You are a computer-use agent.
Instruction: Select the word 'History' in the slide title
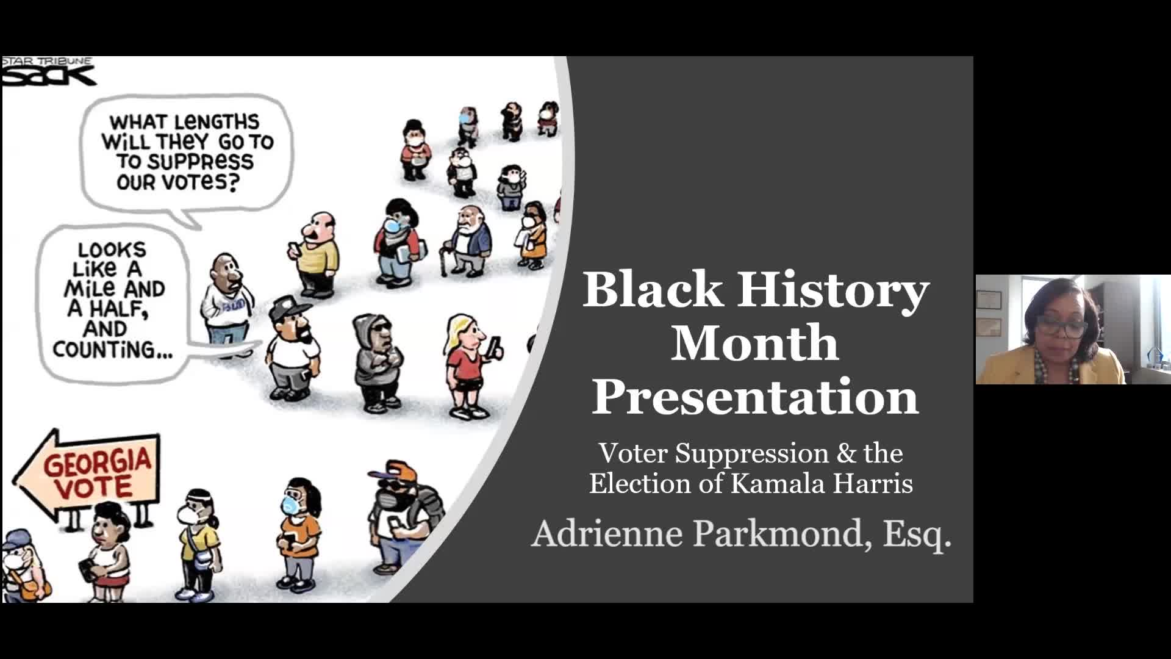click(x=833, y=290)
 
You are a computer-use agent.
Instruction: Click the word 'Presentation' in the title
click(x=755, y=397)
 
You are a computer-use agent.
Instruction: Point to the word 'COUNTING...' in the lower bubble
click(x=112, y=350)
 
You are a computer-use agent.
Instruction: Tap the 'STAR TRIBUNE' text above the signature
click(x=47, y=61)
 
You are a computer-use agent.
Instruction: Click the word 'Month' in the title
click(x=755, y=344)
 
